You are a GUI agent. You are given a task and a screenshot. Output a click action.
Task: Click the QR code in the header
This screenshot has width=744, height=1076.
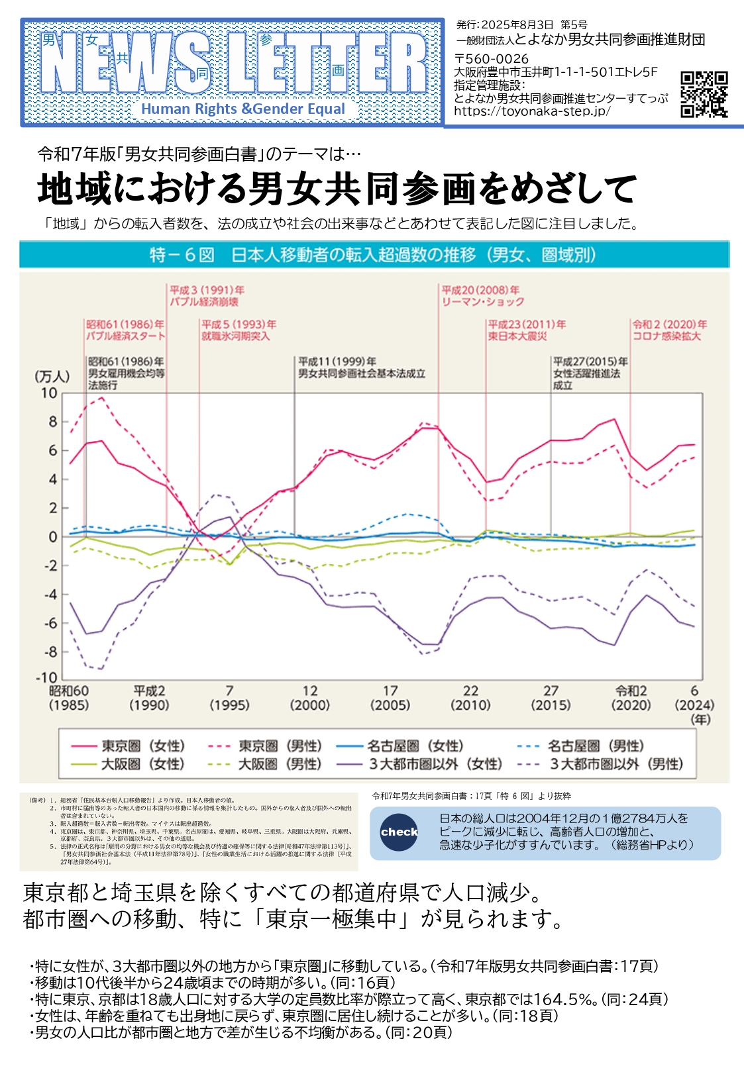tap(704, 94)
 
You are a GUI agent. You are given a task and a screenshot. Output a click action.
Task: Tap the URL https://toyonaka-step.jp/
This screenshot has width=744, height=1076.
tap(532, 111)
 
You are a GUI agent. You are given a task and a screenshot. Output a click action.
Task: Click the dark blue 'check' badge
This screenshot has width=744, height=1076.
tap(399, 832)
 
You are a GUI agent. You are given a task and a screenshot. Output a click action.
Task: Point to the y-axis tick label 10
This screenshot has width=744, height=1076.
tap(49, 393)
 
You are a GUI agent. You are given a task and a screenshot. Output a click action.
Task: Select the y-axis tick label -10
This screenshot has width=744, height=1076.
tap(46, 678)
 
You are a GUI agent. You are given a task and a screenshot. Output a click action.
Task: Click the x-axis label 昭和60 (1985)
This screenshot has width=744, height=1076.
tap(68, 698)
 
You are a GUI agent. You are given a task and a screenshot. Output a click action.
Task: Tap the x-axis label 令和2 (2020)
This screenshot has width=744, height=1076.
tap(631, 698)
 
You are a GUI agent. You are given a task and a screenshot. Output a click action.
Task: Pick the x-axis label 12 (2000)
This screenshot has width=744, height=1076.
tap(309, 698)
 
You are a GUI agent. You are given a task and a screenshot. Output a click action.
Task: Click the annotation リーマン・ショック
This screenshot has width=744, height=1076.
tap(483, 302)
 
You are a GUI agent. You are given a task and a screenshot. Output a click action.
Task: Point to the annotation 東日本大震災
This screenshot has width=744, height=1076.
tap(517, 336)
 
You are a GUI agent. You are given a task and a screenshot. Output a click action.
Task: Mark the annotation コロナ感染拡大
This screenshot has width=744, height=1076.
tap(666, 336)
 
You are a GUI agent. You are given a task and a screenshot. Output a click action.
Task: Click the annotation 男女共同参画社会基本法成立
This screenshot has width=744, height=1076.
tap(362, 373)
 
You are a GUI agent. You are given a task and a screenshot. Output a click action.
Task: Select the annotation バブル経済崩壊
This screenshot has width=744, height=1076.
tap(204, 302)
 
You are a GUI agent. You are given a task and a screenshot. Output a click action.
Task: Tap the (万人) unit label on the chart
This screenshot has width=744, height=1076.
tap(52, 377)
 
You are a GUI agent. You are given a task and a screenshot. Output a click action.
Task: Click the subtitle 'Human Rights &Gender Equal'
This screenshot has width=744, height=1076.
tap(243, 109)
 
